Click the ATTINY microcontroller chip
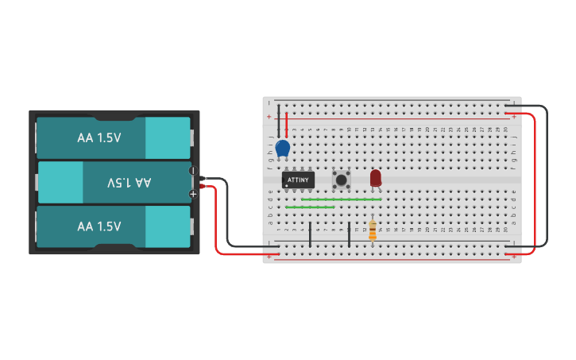(298, 180)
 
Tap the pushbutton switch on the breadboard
(342, 179)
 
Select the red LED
(376, 178)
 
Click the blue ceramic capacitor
(283, 148)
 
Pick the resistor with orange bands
(373, 230)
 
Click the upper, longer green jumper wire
(342, 199)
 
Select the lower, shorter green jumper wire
(310, 207)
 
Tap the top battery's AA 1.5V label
(99, 137)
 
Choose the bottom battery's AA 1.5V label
(99, 226)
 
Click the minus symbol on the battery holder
(193, 171)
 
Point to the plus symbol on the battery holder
(193, 193)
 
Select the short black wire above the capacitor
(278, 120)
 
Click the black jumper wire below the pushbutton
(349, 234)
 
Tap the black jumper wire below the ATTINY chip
(310, 234)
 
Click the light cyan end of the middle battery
(60, 183)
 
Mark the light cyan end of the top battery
(167, 137)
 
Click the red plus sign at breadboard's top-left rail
(269, 116)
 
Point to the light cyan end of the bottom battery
(167, 226)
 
